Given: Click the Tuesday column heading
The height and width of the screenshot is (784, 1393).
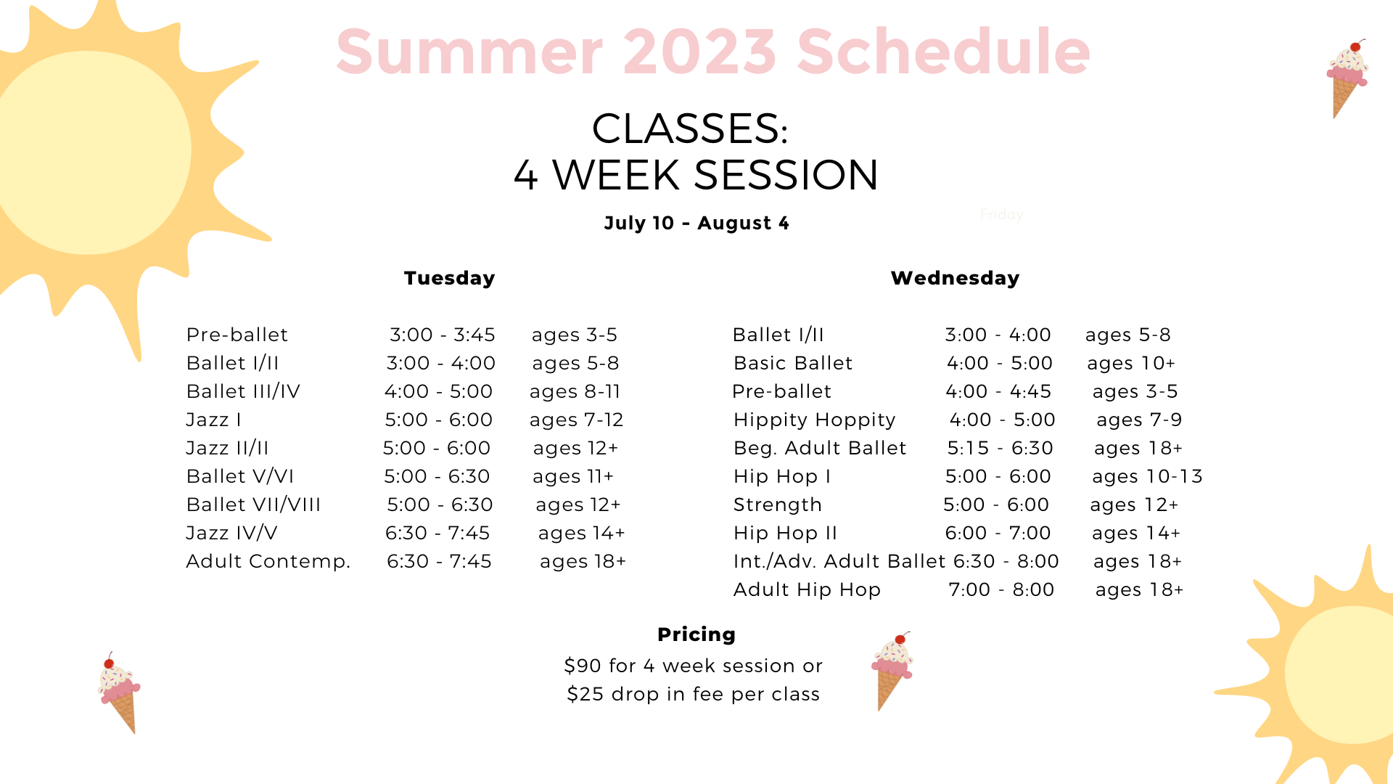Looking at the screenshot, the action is pos(449,278).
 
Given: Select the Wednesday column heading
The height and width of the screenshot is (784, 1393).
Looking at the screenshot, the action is pos(955,278).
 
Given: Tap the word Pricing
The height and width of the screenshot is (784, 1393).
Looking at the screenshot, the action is pos(696,634).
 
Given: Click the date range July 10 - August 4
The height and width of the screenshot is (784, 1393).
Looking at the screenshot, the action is pos(696,223).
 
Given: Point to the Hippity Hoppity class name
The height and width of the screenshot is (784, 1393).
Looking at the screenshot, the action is pos(815,420).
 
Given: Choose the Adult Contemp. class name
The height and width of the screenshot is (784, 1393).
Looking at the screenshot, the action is pos(268,562).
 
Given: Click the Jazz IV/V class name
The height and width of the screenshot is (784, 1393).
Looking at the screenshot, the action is pos(231,533).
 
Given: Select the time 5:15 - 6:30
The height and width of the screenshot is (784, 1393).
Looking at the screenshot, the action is pos(1000,448).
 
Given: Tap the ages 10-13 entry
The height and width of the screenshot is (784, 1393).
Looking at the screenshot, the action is pos(1147,477).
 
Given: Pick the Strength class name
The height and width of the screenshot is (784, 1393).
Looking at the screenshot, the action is pos(778,505).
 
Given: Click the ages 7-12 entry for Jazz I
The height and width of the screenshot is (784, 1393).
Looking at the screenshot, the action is pos(576,420).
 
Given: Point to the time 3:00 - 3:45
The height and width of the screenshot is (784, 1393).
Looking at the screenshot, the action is pos(443,335).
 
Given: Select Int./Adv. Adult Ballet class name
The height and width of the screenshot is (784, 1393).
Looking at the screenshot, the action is pos(839,561).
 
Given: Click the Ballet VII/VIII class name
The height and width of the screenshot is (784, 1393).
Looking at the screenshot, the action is pos(253,505).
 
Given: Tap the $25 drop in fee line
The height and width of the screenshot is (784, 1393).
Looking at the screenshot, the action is pos(693,695).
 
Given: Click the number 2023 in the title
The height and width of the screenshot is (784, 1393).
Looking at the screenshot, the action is pos(699,52).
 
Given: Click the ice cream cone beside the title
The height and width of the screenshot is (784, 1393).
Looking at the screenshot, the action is pos(1347,78).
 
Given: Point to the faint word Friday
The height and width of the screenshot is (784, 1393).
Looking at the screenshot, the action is pos(1001,214).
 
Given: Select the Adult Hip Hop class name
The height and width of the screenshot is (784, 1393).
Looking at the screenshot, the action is pos(807,590).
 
